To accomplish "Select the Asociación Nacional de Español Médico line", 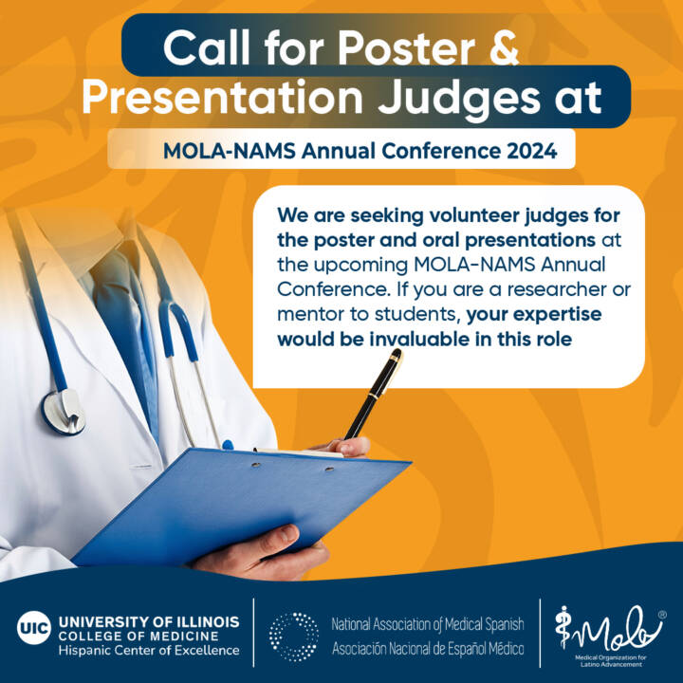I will pos(427,648).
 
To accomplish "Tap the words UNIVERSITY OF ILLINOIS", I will pos(149,621).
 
